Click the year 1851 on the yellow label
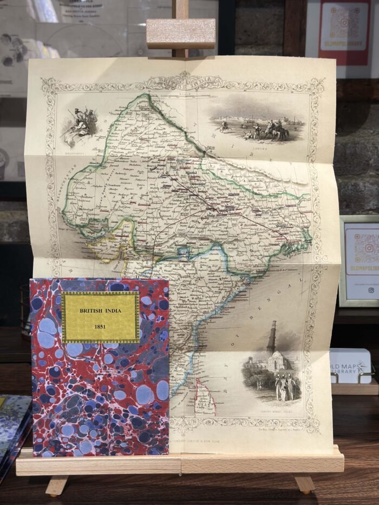99,327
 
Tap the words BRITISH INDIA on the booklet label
100,311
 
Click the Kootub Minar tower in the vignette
271,338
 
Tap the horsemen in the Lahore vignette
268,130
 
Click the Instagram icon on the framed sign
371,290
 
